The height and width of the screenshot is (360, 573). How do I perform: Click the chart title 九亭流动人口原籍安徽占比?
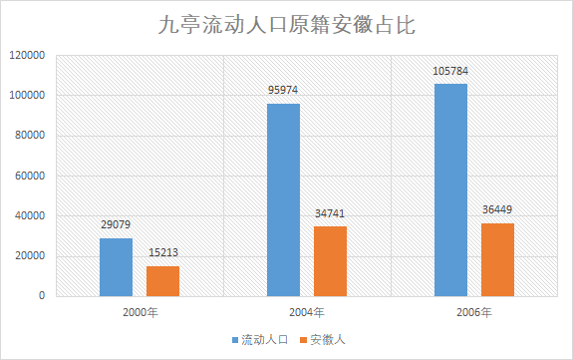pos(287,25)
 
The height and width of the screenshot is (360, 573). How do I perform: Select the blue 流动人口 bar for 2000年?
pos(116,266)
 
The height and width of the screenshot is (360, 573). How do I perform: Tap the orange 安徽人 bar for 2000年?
pos(162,280)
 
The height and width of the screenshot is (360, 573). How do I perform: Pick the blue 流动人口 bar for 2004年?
pos(283,199)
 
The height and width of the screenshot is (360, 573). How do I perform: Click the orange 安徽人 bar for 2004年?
pos(330,260)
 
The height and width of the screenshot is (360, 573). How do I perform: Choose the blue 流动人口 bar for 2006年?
pos(450,189)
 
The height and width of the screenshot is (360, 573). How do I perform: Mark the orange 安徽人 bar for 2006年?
pos(497,259)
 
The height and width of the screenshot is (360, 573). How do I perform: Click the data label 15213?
pos(162,253)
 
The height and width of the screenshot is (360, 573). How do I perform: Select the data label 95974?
pos(283,91)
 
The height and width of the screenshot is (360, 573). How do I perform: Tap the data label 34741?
pos(330,214)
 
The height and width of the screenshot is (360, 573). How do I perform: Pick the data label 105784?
pos(450,71)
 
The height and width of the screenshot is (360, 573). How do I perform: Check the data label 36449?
pos(497,210)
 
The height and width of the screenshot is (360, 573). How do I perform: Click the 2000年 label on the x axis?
pos(140,313)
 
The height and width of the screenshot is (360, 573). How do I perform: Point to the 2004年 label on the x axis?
pos(307,313)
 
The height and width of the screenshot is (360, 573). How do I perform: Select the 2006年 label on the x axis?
pos(474,313)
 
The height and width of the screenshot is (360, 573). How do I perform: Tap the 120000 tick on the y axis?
pos(28,56)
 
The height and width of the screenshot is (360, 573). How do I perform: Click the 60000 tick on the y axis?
pos(31,177)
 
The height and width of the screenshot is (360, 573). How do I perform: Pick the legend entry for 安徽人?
pos(321,340)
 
